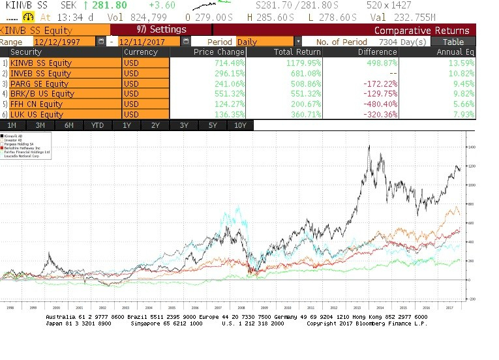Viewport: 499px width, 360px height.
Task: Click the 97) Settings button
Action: point(161,30)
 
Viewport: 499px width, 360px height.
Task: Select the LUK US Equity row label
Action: point(37,114)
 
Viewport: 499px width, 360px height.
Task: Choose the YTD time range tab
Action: point(97,125)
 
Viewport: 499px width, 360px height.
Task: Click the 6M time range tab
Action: point(69,125)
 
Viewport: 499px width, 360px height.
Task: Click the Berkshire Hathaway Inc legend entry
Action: point(22,149)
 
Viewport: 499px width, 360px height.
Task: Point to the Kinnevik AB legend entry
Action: point(14,135)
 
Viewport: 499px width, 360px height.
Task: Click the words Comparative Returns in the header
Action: point(421,30)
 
